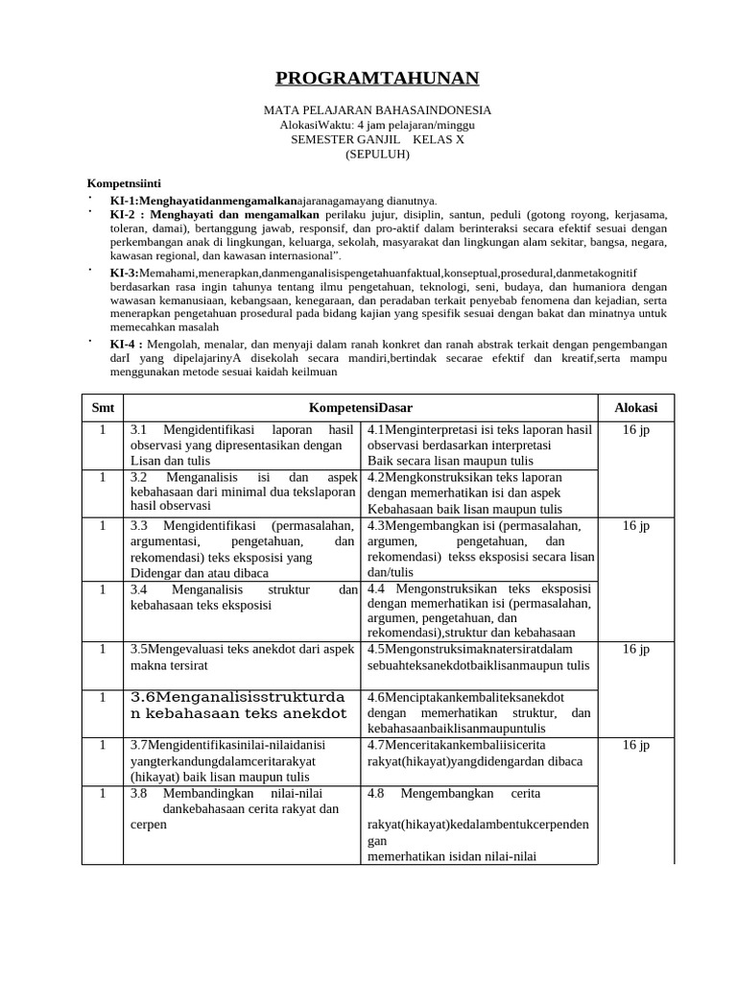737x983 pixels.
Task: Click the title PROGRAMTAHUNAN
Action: pyautogui.click(x=377, y=79)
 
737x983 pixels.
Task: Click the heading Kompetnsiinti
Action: pyautogui.click(x=124, y=182)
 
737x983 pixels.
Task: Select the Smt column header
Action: pyautogui.click(x=103, y=408)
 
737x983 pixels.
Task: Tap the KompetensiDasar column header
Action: pyautogui.click(x=361, y=408)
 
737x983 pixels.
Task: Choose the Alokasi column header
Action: pyautogui.click(x=635, y=408)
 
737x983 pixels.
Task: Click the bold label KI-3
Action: pyautogui.click(x=125, y=273)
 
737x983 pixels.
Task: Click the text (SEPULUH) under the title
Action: pyautogui.click(x=377, y=154)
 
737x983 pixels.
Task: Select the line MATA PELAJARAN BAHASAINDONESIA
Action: pyautogui.click(x=377, y=110)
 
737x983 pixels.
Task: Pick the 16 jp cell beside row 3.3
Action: pyautogui.click(x=635, y=526)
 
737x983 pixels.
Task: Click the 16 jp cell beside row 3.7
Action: pyautogui.click(x=635, y=745)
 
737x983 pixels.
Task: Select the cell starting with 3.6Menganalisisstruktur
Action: pyautogui.click(x=239, y=706)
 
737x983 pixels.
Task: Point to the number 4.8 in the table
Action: pyautogui.click(x=376, y=794)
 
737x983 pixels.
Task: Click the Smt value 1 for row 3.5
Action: pyautogui.click(x=103, y=650)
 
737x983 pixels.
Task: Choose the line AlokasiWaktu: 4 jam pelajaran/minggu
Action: pyautogui.click(x=377, y=125)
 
